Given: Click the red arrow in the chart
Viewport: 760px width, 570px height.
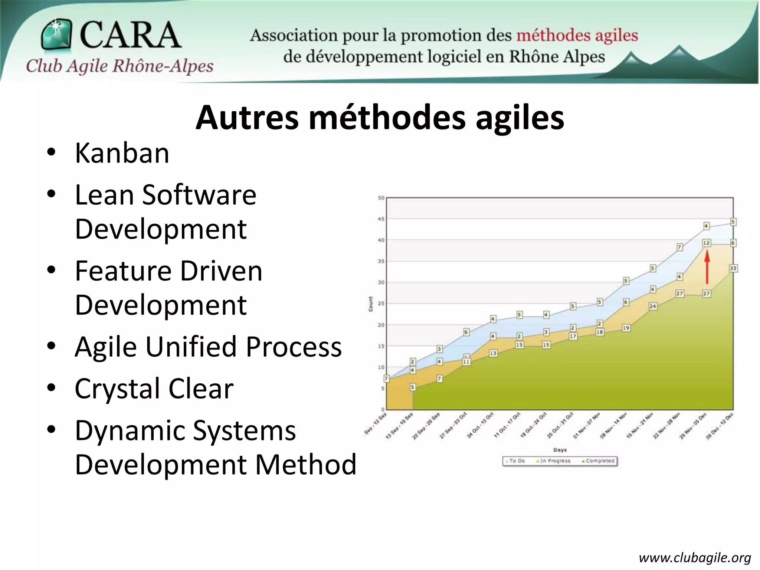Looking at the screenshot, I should [707, 267].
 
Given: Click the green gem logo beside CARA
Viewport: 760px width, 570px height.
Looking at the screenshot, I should [57, 35].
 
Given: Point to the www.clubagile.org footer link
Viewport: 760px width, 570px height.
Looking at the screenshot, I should [695, 558].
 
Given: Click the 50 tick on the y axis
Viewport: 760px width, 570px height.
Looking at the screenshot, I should [381, 198].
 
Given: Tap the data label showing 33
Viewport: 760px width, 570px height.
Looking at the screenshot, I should [733, 268].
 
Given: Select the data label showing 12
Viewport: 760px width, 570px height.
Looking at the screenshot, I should [706, 243].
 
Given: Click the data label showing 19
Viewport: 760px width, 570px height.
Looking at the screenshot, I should [626, 328].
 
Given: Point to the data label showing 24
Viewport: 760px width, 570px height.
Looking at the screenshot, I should [653, 307].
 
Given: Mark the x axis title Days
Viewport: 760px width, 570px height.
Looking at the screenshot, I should [560, 450].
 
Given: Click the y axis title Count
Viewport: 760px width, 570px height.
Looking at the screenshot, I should [371, 304].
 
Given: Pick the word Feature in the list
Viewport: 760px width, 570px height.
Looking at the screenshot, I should [124, 271].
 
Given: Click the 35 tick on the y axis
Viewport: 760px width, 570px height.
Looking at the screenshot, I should [381, 261].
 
